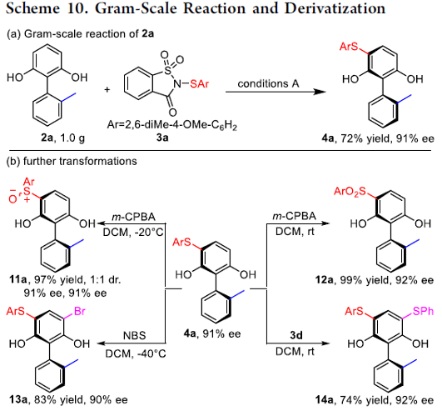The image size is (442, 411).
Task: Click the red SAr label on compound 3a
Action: [x=200, y=83]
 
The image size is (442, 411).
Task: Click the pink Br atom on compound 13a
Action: [x=79, y=311]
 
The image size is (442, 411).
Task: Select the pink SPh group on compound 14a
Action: [x=423, y=311]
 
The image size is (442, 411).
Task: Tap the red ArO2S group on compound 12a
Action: [x=350, y=192]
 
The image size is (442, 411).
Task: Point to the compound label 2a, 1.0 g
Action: [x=63, y=138]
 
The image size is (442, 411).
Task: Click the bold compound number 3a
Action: [x=162, y=138]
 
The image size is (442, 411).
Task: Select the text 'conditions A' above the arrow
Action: [x=268, y=83]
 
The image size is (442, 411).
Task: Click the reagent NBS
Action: [x=135, y=335]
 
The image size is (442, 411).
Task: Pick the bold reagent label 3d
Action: [x=296, y=335]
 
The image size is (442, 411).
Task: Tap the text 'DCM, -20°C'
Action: [x=133, y=233]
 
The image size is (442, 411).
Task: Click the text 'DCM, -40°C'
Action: [x=136, y=353]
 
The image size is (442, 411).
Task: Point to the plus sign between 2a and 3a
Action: [x=107, y=90]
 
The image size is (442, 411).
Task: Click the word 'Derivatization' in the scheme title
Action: [x=335, y=8]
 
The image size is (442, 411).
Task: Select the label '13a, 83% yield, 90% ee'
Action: [x=68, y=399]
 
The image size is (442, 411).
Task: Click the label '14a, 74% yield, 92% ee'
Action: [x=375, y=400]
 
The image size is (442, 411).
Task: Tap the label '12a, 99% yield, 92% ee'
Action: [x=375, y=280]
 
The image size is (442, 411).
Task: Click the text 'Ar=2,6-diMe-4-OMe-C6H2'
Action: [x=172, y=125]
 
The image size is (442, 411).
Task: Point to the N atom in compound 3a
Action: [x=177, y=83]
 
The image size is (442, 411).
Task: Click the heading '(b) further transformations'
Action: [x=72, y=161]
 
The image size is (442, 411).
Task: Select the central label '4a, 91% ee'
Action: [x=212, y=334]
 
